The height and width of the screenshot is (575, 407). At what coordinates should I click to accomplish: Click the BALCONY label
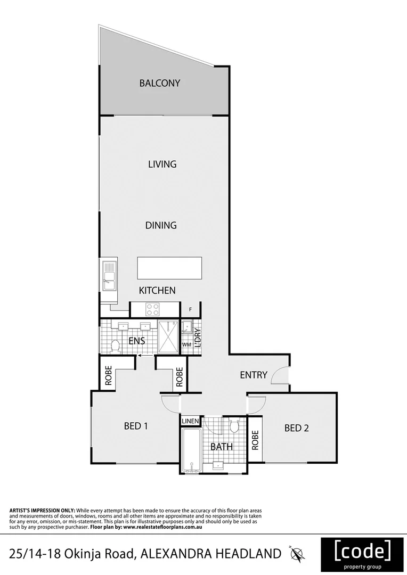point(160,83)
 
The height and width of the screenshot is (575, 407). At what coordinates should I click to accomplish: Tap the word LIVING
point(162,164)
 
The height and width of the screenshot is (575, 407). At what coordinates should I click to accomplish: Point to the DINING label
point(161,225)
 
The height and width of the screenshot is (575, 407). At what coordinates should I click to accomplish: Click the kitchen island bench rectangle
point(169,268)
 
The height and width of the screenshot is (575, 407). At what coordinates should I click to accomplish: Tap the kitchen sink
point(109,276)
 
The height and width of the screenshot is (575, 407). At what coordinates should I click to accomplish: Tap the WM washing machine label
point(186,345)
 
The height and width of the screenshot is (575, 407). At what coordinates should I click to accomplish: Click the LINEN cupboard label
point(190,421)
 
